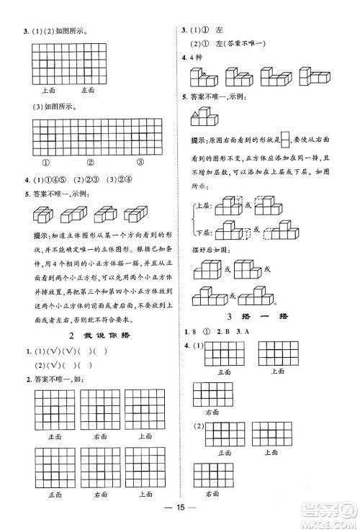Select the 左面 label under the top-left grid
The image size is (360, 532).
click(88, 90)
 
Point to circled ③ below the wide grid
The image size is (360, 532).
click(139, 161)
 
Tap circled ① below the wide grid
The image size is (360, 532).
click(45, 161)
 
